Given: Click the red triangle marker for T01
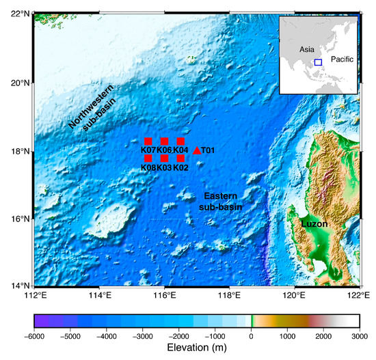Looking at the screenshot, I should tap(197, 150).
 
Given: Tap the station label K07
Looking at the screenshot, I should tap(148, 150).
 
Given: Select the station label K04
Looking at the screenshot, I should tap(180, 150).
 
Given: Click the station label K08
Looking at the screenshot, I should tap(148, 167).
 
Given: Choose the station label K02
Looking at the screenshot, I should tap(180, 167).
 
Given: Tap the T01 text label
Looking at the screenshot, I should tap(209, 150).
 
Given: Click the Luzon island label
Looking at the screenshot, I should tap(314, 223).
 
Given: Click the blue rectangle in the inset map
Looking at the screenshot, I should tap(318, 62).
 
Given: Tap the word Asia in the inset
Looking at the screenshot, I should tap(305, 49).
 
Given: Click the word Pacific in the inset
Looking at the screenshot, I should tap(342, 59).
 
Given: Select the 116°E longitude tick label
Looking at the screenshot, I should tap(165, 296).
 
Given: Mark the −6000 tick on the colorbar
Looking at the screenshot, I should tap(34, 337).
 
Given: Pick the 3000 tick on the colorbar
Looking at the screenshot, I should tap(360, 337).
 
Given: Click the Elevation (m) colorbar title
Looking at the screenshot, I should tap(197, 350).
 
